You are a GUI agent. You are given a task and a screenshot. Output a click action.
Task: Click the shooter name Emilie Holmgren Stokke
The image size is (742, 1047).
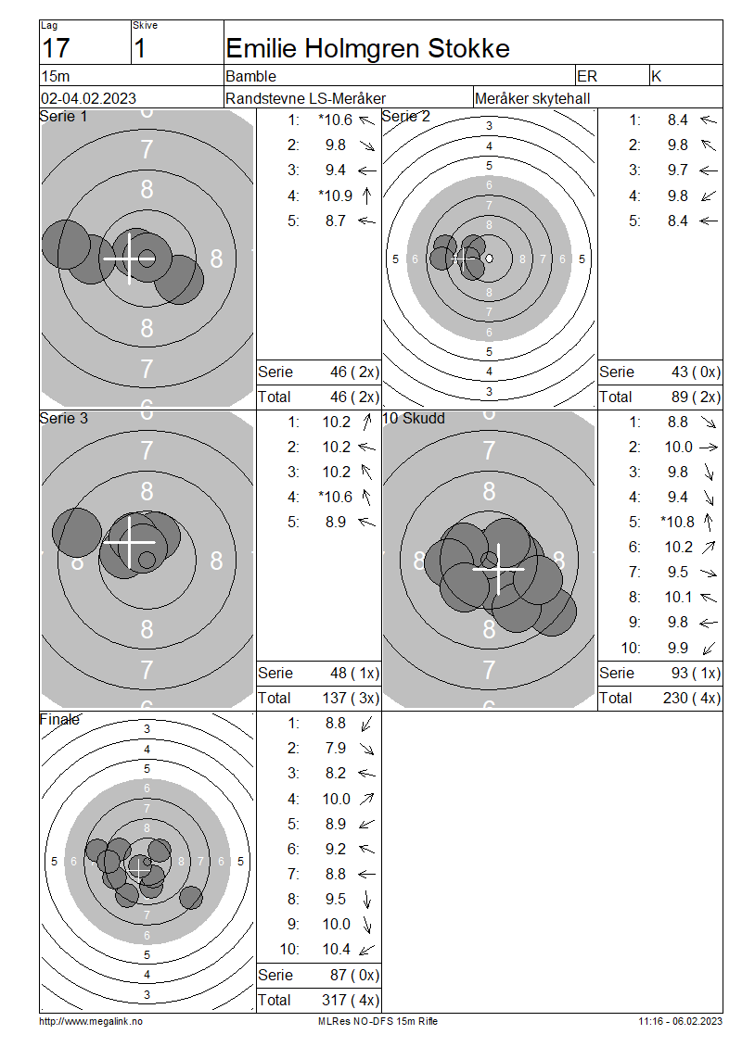[367, 49]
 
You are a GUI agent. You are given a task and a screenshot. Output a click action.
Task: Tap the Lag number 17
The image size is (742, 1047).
[56, 49]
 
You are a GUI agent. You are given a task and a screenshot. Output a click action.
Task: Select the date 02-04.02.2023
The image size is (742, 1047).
[88, 99]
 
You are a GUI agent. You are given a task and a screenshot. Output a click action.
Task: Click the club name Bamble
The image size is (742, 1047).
[250, 76]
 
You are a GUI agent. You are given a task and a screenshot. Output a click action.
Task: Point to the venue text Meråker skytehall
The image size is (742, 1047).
[532, 99]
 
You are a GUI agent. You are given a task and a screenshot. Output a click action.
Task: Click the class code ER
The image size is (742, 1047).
[587, 76]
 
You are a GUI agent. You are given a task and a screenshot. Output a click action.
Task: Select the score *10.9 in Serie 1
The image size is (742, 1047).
[336, 196]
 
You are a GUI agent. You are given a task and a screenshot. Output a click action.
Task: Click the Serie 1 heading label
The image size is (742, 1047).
[63, 116]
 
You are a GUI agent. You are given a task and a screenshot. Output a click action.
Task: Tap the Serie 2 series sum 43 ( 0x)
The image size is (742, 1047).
[696, 372]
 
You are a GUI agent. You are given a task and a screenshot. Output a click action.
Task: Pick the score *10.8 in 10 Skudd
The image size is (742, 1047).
[678, 523]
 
